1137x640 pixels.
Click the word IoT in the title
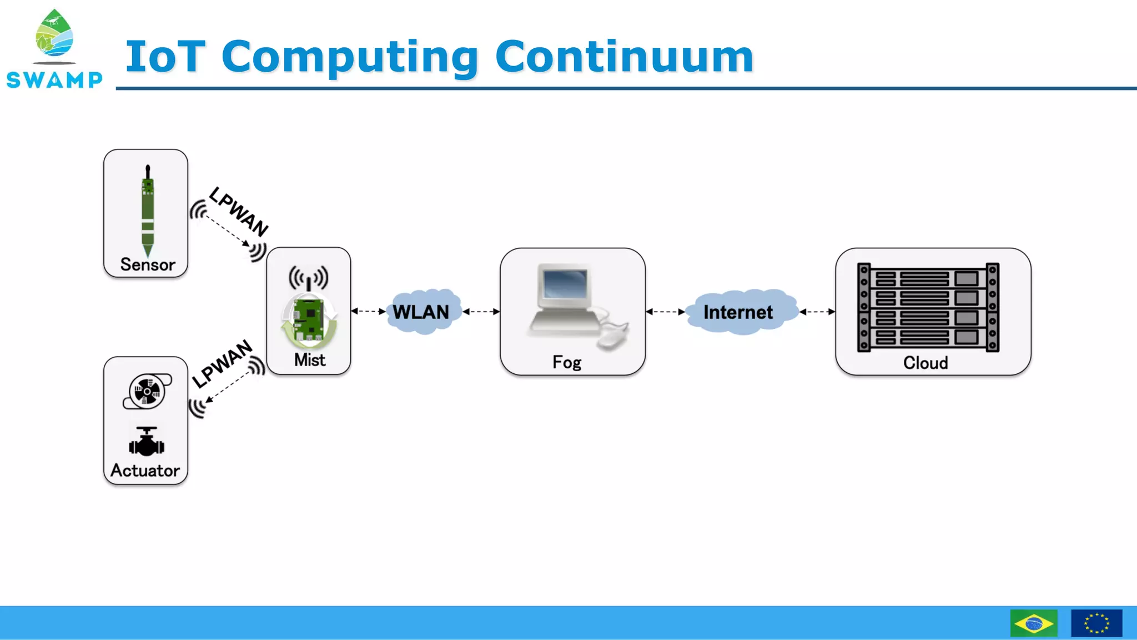165,57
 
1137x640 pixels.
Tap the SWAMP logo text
54,80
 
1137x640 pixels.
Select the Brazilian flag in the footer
1033,623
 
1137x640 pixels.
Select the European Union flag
1096,623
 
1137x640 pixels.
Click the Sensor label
147,264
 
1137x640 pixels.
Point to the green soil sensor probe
148,211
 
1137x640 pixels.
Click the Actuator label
145,471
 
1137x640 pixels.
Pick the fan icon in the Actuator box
147,392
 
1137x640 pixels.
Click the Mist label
309,360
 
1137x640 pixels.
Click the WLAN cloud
421,312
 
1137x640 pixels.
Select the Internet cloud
738,312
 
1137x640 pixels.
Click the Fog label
566,362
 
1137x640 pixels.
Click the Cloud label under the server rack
925,363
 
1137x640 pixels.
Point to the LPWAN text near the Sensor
239,211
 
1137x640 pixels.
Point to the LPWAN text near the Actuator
223,364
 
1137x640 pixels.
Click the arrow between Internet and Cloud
817,312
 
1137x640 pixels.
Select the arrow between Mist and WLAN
369,311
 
